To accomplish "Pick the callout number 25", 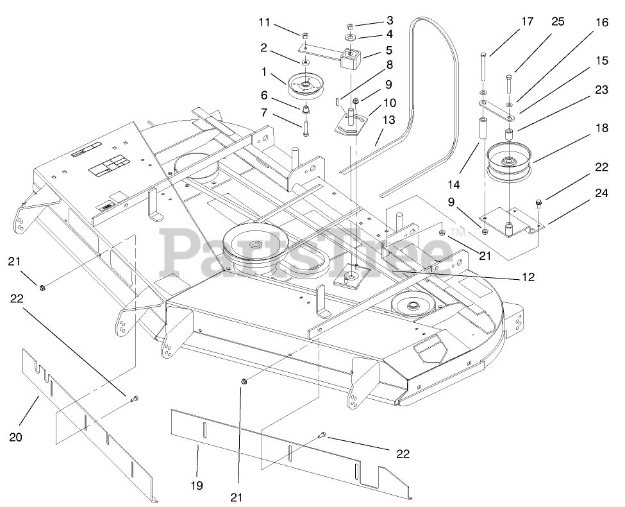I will pyautogui.click(x=557, y=22).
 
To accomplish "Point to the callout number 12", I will pyautogui.click(x=528, y=277).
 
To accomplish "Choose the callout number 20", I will pyautogui.click(x=16, y=437).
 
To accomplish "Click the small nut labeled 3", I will pyautogui.click(x=351, y=27).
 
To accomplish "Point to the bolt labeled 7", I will pyautogui.click(x=306, y=126).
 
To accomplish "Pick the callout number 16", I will pyautogui.click(x=601, y=22).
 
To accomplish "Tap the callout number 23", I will pyautogui.click(x=601, y=90).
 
